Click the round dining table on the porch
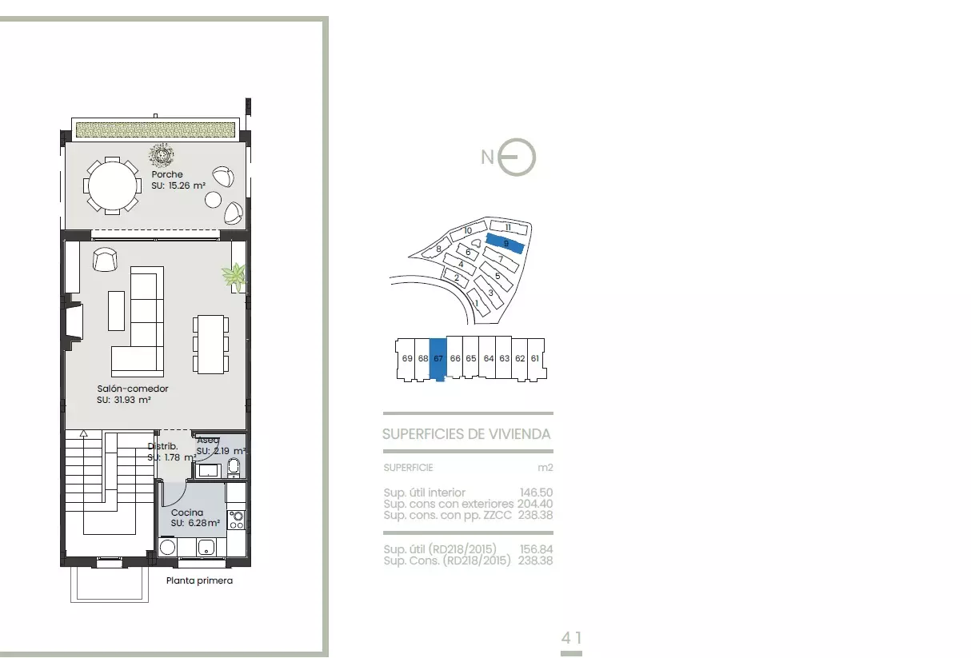click(112, 185)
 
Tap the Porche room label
click(167, 174)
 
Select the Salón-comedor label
click(133, 389)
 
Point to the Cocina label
click(187, 512)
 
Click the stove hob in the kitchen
click(236, 520)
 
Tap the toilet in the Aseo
click(234, 468)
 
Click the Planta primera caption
click(199, 580)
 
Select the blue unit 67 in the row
click(438, 359)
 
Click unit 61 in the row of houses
click(535, 359)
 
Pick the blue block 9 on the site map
click(505, 243)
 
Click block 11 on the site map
click(509, 227)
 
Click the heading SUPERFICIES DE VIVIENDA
click(466, 434)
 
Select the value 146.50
click(536, 493)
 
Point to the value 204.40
click(535, 504)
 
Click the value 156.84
click(536, 549)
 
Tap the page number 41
click(571, 638)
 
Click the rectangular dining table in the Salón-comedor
click(210, 345)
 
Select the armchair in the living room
click(105, 259)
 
